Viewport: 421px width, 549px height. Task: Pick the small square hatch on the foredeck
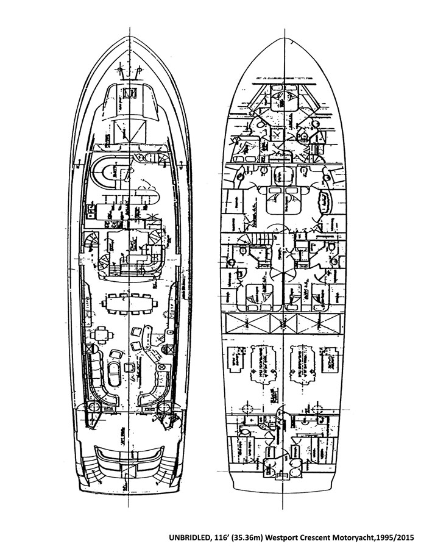(130, 93)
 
